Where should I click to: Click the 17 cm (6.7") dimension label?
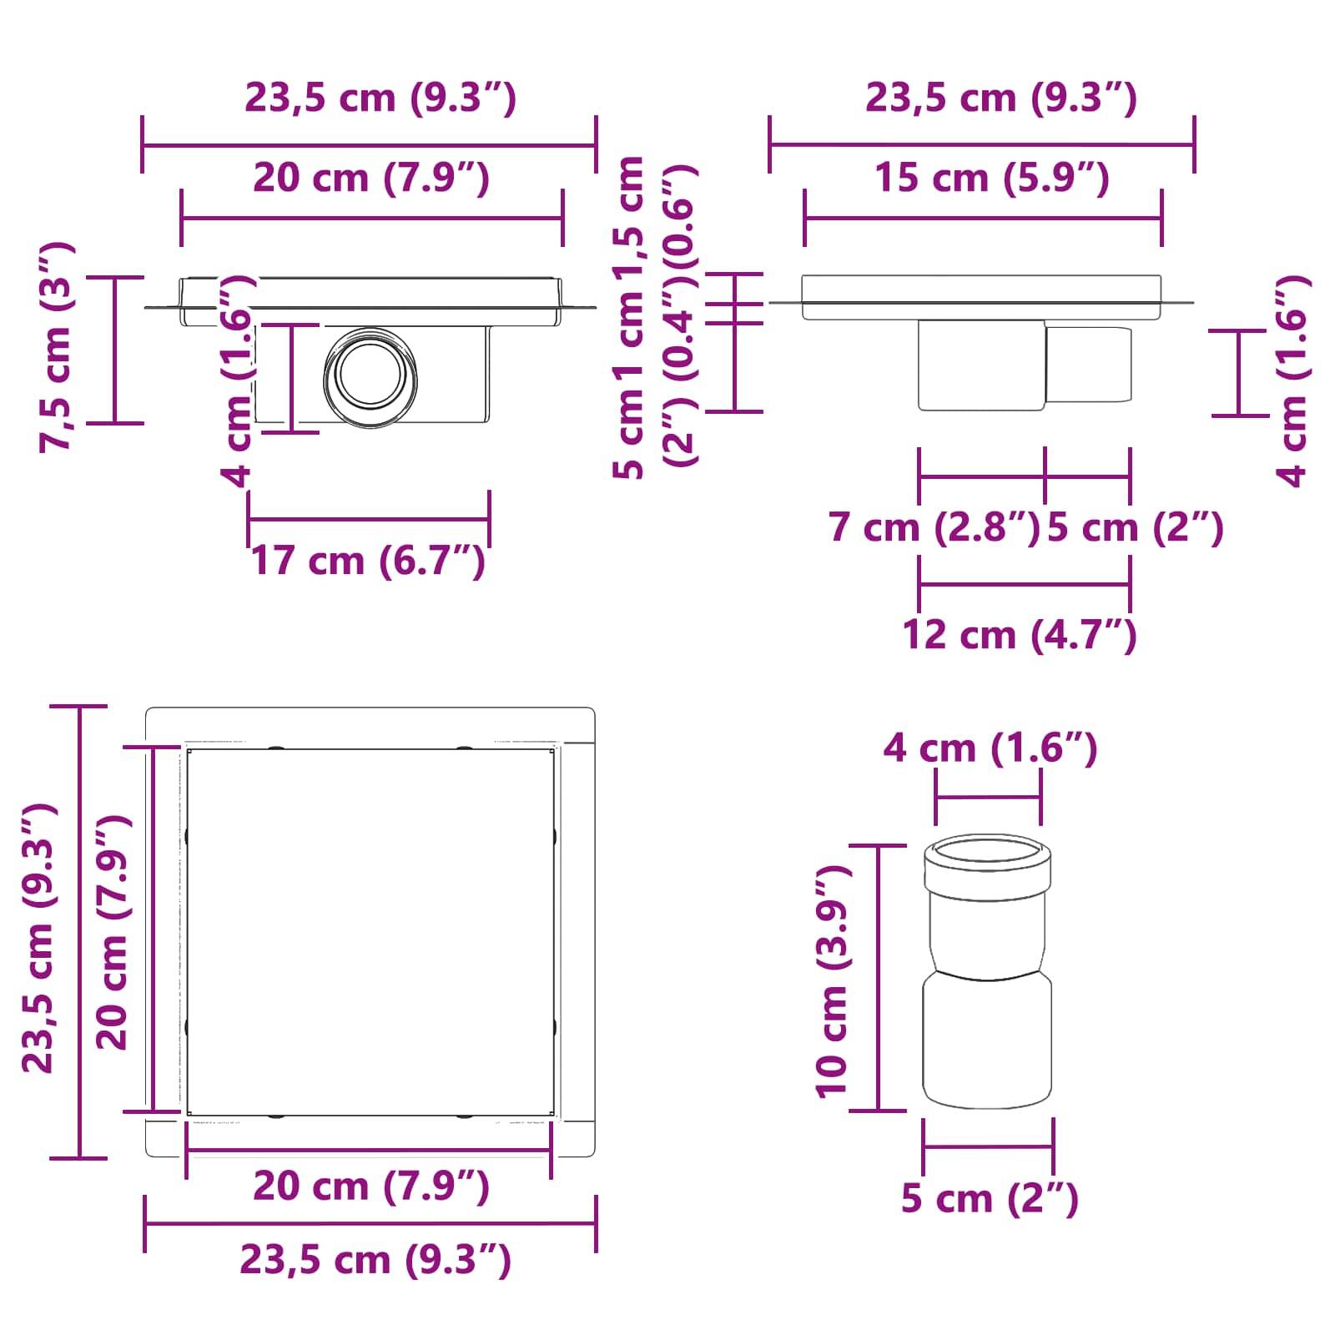click(x=368, y=561)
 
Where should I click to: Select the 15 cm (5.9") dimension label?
click(x=992, y=179)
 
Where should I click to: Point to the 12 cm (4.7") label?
click(x=1019, y=635)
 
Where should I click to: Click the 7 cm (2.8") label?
click(x=933, y=528)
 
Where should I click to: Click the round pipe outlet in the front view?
click(x=370, y=377)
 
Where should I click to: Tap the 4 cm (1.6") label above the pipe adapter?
click(x=990, y=748)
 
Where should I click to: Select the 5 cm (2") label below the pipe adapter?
click(x=990, y=1199)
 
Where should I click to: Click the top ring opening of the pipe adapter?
click(x=987, y=853)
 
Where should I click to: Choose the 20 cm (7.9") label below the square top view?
click(x=370, y=1186)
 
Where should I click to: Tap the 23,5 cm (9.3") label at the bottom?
click(x=375, y=1260)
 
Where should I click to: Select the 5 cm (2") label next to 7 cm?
click(x=1135, y=528)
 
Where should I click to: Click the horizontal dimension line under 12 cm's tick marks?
click(x=1024, y=584)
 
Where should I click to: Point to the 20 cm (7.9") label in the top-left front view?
click(x=370, y=179)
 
